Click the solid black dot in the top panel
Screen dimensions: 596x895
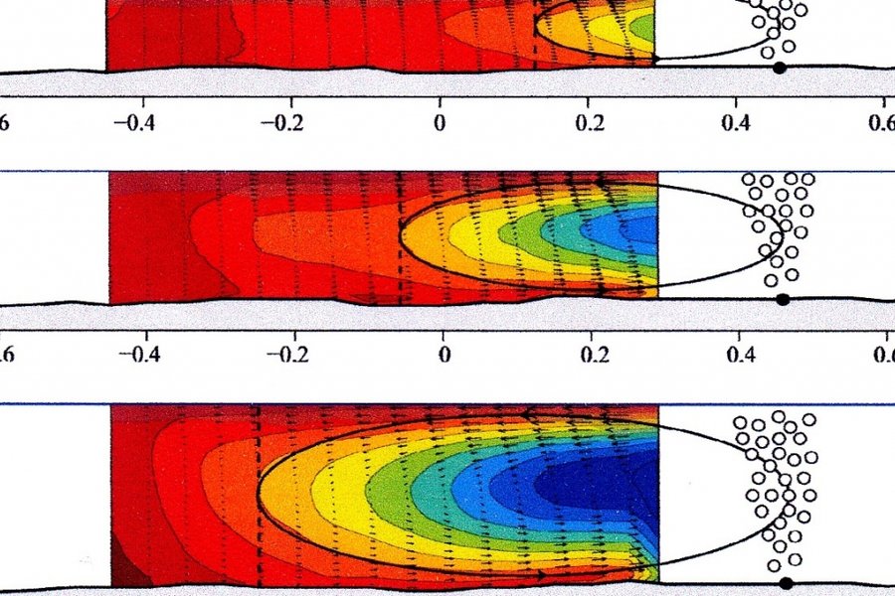(780, 68)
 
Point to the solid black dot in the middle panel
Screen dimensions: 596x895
(782, 299)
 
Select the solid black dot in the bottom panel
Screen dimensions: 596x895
(787, 583)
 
